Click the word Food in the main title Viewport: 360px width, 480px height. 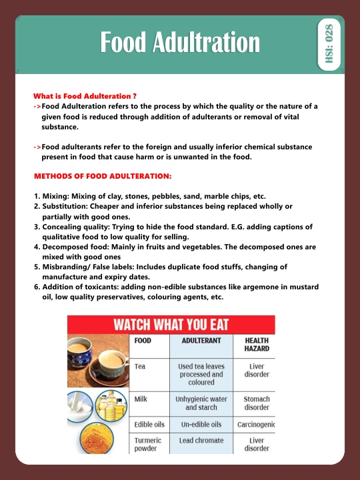pyautogui.click(x=124, y=42)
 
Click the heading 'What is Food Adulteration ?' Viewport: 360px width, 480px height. pyautogui.click(x=85, y=96)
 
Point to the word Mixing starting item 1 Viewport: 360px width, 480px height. pyautogui.click(x=57, y=197)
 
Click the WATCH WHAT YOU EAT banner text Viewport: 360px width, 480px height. pyautogui.click(x=171, y=325)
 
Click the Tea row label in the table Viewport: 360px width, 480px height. pyautogui.click(x=140, y=366)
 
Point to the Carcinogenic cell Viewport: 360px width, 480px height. pyautogui.click(x=256, y=424)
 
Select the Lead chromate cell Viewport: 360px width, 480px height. pyautogui.click(x=201, y=441)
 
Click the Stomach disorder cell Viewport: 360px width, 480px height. pyautogui.click(x=256, y=403)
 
